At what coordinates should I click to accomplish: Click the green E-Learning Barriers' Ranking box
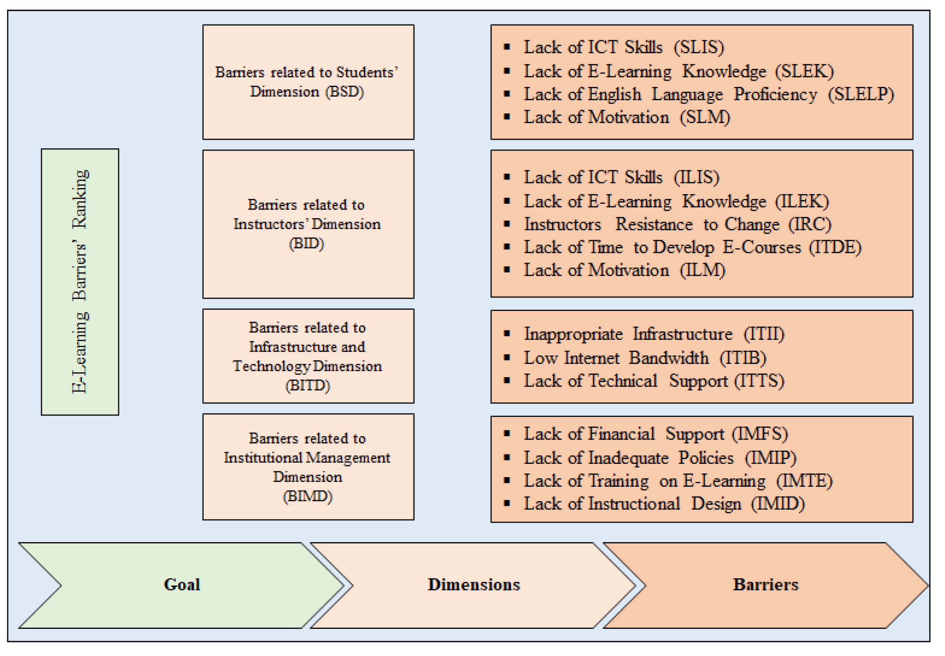pos(80,282)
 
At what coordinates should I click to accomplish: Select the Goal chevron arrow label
pos(182,584)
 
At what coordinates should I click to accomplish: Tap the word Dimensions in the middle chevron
pos(473,584)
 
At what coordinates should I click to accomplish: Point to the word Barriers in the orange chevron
pos(765,584)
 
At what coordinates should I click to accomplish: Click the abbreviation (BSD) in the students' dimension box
pos(344,91)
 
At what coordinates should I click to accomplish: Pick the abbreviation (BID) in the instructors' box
pos(306,243)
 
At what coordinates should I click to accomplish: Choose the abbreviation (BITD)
pos(307,385)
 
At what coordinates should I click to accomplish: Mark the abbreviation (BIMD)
pos(307,496)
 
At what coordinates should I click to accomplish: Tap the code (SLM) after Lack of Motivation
pos(704,117)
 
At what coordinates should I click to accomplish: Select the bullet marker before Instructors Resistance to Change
pos(507,224)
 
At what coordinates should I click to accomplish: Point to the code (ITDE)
pos(835,247)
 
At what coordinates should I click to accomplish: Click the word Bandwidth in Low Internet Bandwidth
pos(668,358)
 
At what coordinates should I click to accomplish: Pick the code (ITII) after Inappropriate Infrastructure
pos(764,334)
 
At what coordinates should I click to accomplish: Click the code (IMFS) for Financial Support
pos(759,434)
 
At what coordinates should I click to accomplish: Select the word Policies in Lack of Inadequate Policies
pos(706,457)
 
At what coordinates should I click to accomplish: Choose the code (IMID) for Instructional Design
pos(778,504)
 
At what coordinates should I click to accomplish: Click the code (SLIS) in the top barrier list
pos(699,47)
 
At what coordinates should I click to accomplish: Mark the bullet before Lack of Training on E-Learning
pos(507,480)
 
